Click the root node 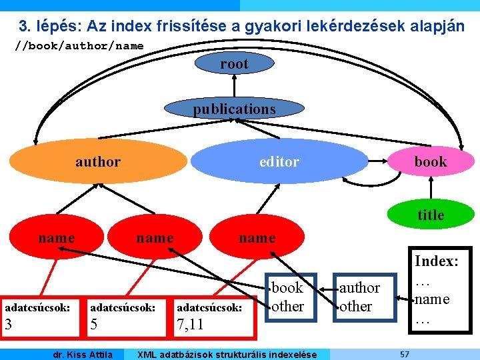234,64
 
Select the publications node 234,109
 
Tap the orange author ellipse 98,161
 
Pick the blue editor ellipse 279,161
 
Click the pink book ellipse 431,161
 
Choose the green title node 431,215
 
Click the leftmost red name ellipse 57,238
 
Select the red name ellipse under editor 257,238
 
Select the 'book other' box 287,297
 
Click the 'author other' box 360,297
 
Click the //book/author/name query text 79,46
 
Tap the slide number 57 405,354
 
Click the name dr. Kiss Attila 83,354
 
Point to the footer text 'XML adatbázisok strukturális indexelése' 226,354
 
